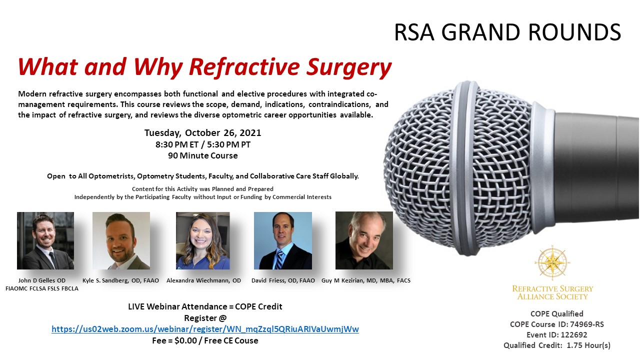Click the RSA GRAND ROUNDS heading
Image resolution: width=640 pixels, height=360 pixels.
point(507,32)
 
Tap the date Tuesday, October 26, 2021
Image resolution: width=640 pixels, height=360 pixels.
point(202,133)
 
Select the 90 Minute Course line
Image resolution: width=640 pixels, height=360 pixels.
point(203,155)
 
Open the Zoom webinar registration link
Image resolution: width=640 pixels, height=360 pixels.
point(205,329)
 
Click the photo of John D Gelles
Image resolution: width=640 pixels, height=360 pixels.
point(45,240)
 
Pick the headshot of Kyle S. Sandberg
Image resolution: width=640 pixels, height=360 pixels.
point(121,240)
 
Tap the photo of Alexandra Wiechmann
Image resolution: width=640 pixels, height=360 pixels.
point(203,240)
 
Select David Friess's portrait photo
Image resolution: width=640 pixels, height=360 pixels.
point(283,240)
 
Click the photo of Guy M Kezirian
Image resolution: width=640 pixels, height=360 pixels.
point(364,240)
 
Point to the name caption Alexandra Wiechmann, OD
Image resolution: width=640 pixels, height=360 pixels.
point(203,280)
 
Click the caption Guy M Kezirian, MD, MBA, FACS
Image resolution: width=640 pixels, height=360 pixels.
point(366,280)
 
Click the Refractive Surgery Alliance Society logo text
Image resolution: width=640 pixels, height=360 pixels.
point(552,292)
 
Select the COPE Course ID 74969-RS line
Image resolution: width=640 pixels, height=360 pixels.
point(557,324)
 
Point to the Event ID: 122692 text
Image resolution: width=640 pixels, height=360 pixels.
point(557,335)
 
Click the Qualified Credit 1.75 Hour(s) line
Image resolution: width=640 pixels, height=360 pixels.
point(557,345)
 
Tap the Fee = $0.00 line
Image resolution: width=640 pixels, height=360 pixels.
point(205,340)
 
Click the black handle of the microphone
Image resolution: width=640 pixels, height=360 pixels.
point(596,168)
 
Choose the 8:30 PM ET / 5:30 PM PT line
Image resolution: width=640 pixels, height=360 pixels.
point(203,144)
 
